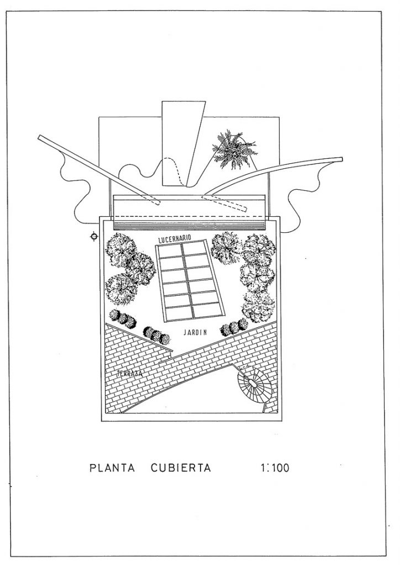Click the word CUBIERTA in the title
pyautogui.click(x=180, y=468)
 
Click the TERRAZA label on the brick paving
pyautogui.click(x=130, y=375)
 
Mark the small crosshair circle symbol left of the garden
pyautogui.click(x=94, y=237)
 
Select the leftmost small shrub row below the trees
pyautogui.click(x=123, y=318)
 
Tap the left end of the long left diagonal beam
pyautogui.click(x=40, y=137)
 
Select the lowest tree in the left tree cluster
pyautogui.click(x=121, y=289)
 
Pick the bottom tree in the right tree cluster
pyautogui.click(x=259, y=305)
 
